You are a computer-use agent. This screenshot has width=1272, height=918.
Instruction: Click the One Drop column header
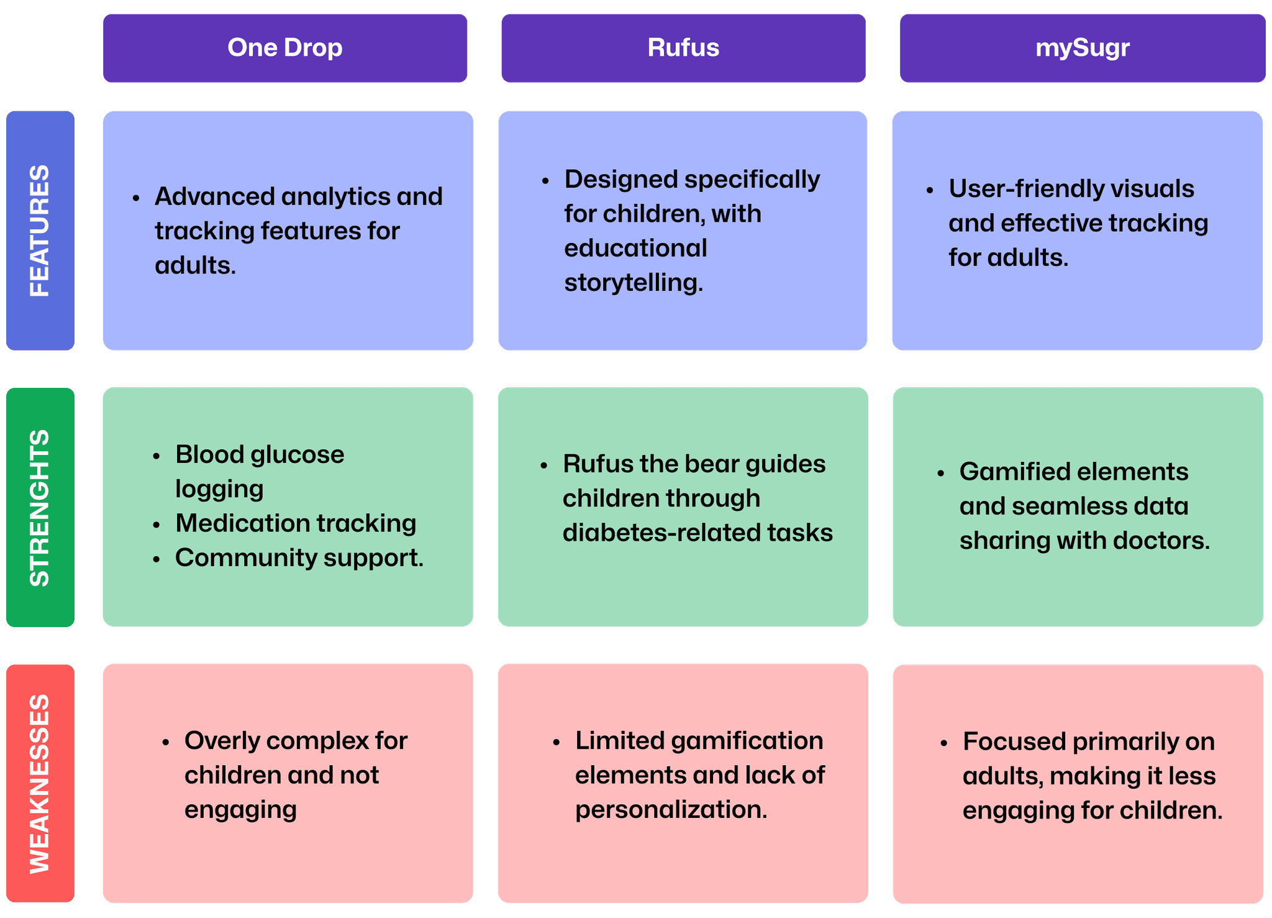click(x=285, y=48)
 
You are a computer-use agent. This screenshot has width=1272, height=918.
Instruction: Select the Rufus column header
click(x=683, y=48)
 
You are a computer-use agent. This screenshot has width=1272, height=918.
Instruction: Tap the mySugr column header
click(x=1083, y=48)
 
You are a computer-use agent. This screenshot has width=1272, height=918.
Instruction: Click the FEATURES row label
click(x=40, y=231)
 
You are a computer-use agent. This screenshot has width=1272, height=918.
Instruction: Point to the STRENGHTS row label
click(x=40, y=507)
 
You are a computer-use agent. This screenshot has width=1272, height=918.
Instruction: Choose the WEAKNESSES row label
click(x=40, y=783)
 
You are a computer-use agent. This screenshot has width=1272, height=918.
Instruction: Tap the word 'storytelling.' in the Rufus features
click(x=634, y=283)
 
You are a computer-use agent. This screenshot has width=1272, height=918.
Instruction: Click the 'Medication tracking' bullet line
click(x=296, y=523)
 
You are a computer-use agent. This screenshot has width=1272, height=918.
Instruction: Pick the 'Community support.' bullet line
click(x=299, y=558)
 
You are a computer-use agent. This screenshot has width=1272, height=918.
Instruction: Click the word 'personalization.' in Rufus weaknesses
click(x=671, y=810)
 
